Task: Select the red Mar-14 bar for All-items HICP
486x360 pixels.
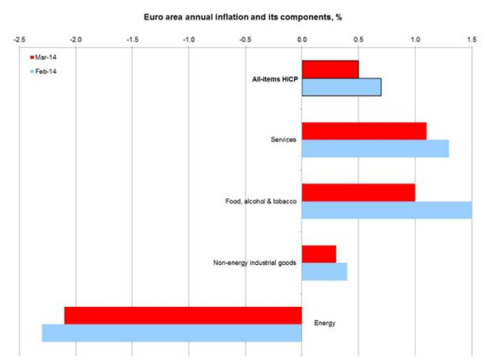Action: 330,69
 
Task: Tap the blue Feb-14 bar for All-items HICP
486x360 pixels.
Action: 341,87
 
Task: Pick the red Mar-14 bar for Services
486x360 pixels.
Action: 364,131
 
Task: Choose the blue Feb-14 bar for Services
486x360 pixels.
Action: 375,148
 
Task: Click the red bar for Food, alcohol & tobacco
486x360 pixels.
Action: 358,193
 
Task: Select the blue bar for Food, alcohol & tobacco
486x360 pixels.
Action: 387,210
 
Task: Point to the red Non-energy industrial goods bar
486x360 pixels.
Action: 319,254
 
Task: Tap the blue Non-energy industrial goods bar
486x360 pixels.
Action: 324,272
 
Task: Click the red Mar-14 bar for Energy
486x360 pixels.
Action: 183,315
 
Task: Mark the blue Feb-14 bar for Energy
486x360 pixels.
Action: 172,333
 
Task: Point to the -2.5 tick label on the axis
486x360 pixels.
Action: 19,38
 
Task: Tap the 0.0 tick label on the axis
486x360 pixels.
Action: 302,38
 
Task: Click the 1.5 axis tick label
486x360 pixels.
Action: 470,38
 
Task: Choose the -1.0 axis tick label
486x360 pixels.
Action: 189,38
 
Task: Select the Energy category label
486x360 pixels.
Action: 325,323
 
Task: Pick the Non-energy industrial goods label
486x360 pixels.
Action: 255,263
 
